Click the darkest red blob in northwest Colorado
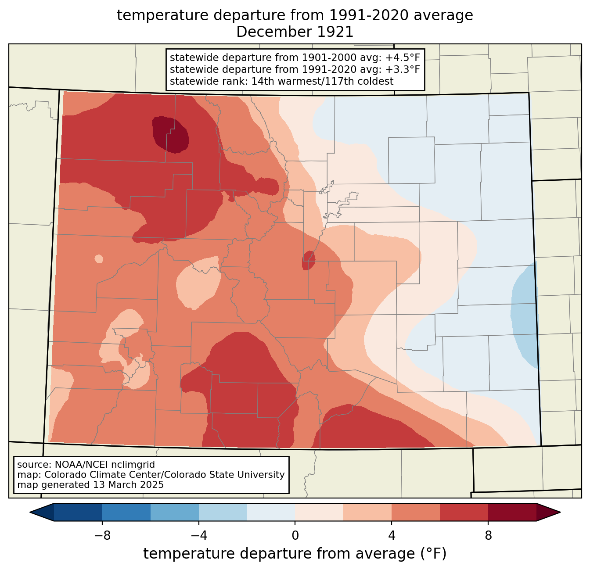[x=170, y=135]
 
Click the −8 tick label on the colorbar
[x=102, y=536]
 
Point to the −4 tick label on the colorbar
[x=199, y=536]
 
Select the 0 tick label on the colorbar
[x=295, y=536]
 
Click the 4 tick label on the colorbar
[x=392, y=536]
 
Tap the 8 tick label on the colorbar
[x=488, y=536]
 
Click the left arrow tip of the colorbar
[x=30, y=513]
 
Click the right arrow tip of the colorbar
[x=561, y=513]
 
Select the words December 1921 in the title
[x=295, y=32]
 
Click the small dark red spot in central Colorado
[x=309, y=260]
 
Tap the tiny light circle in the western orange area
[x=98, y=259]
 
